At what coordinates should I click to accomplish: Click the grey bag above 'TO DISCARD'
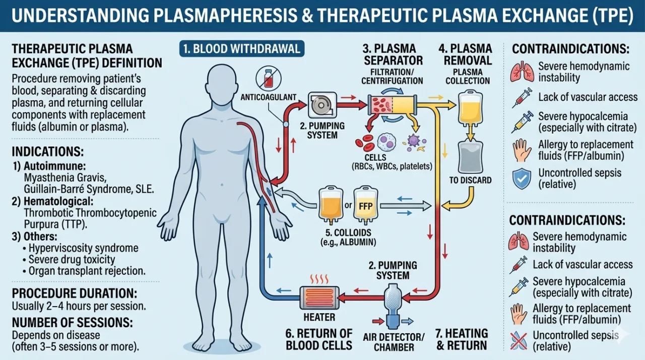tap(470, 157)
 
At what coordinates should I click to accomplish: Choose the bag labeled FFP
tap(365, 205)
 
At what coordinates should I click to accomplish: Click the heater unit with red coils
tap(319, 297)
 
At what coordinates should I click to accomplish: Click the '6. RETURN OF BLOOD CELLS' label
tap(319, 339)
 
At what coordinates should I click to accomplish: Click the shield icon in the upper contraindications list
tap(522, 178)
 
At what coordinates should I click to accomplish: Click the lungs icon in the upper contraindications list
tap(522, 72)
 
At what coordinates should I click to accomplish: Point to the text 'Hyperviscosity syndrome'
tap(83, 248)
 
